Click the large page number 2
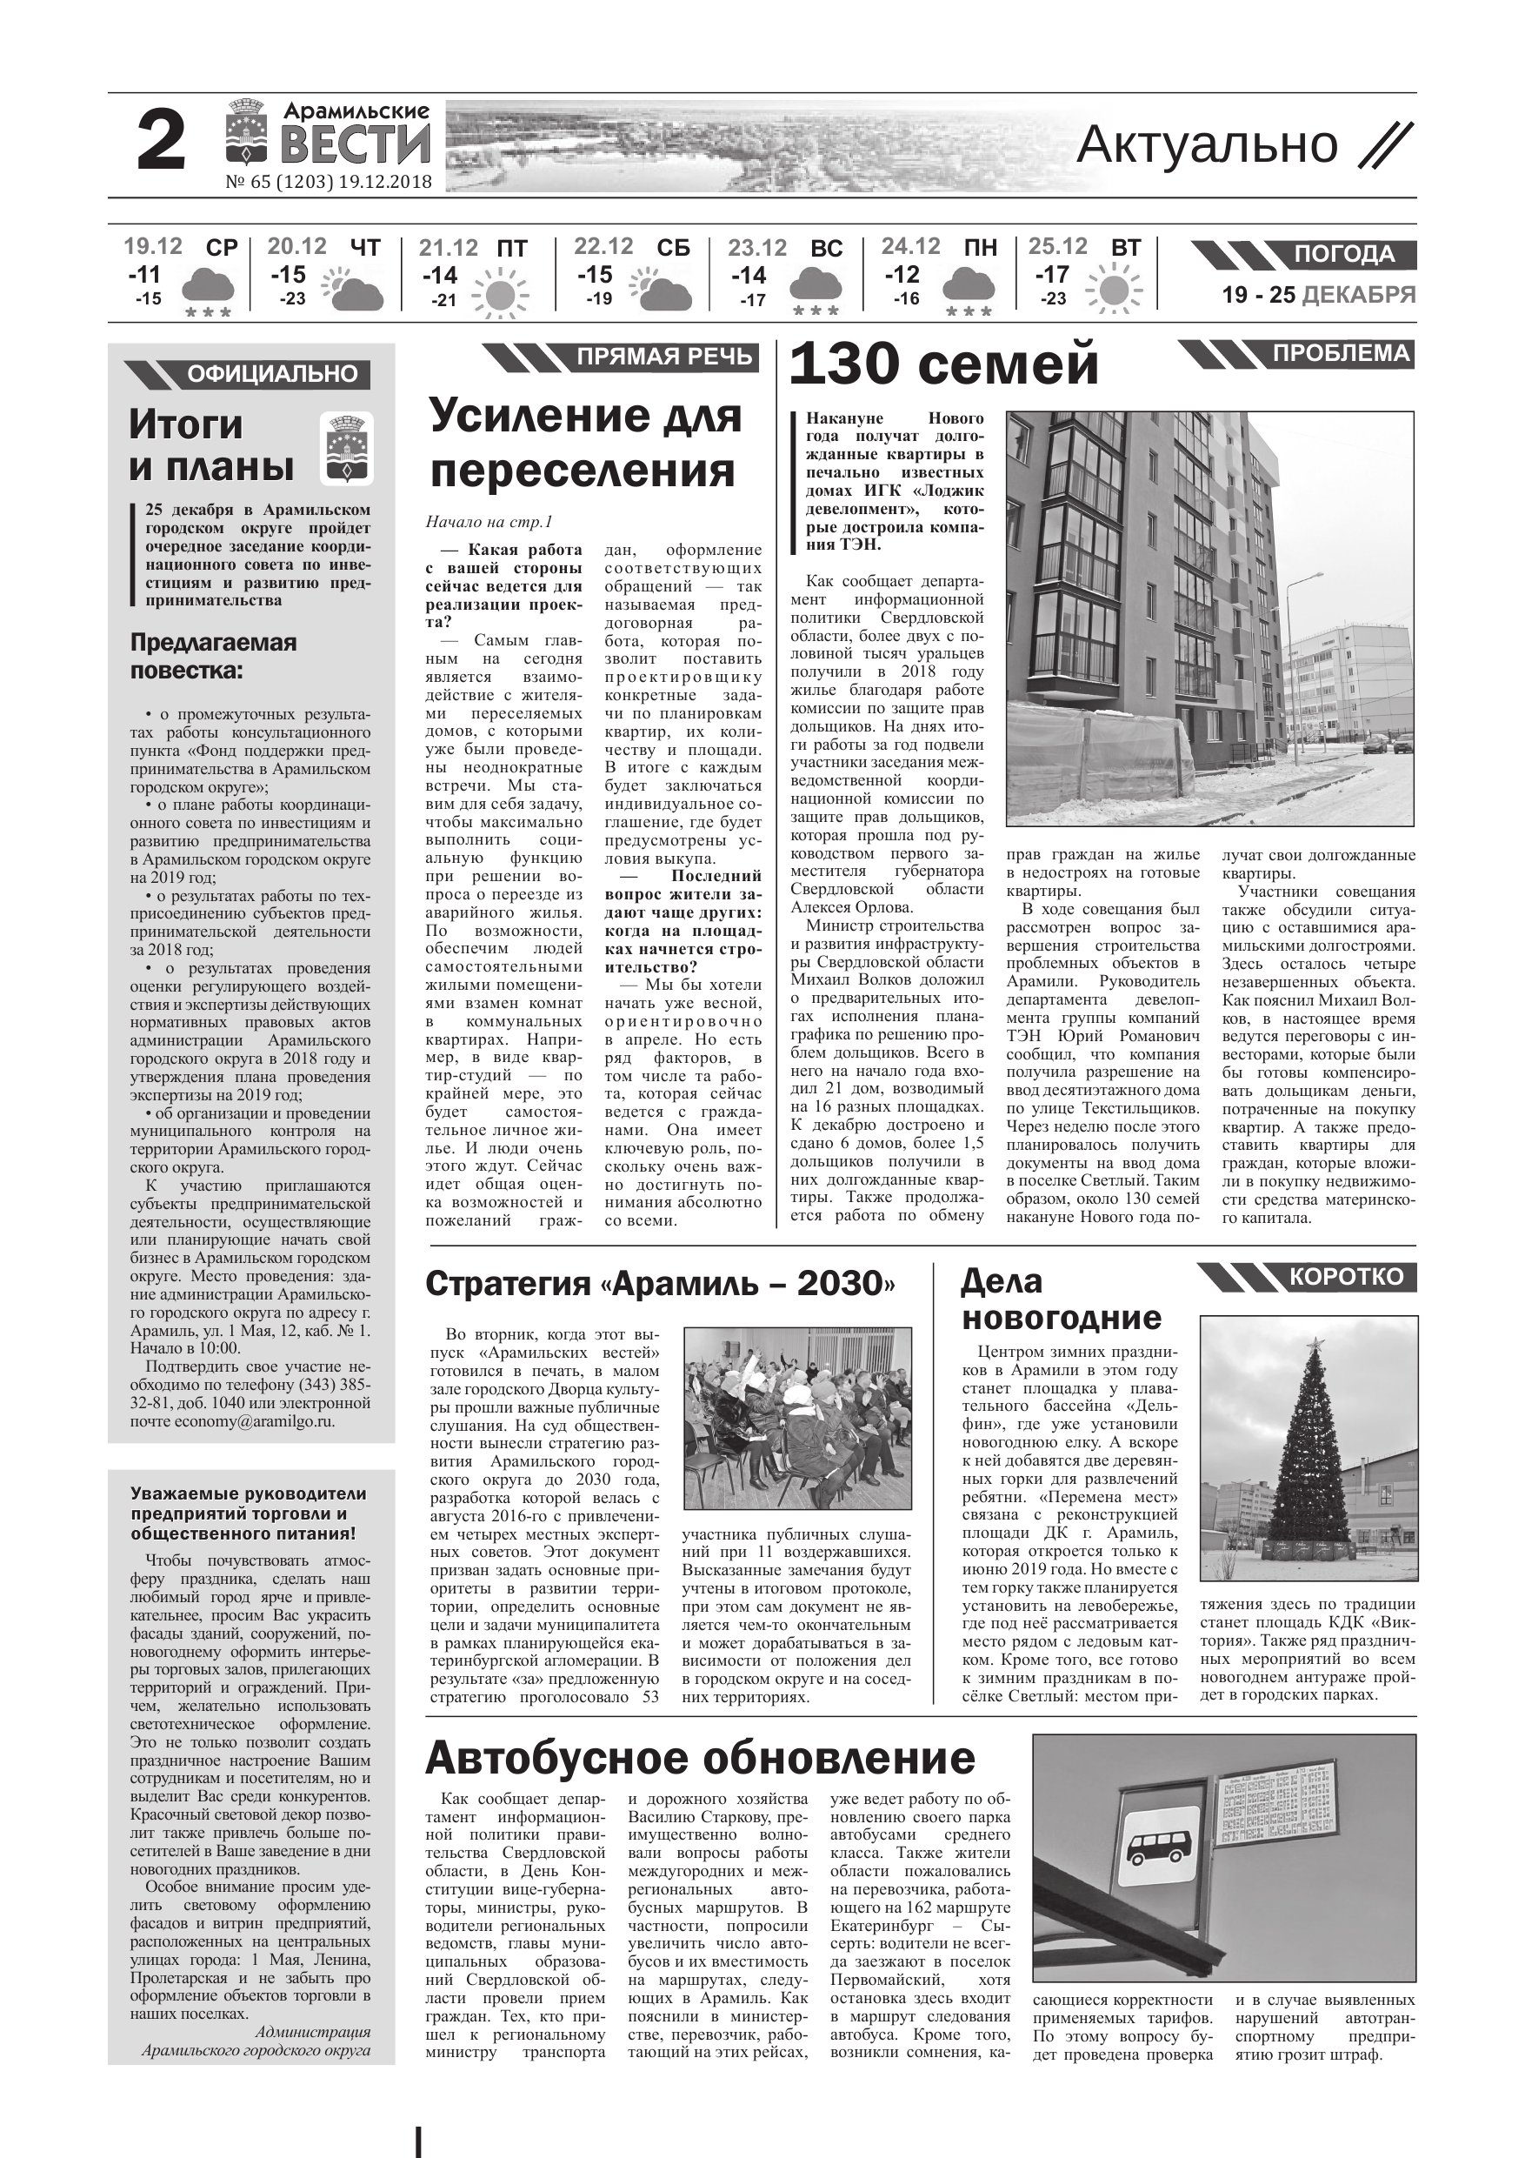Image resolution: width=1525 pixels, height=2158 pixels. (x=161, y=143)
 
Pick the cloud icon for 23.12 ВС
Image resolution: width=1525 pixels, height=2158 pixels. (x=816, y=284)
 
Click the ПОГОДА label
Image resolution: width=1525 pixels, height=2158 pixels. (x=1343, y=255)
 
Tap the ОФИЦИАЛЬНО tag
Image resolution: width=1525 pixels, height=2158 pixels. (x=271, y=374)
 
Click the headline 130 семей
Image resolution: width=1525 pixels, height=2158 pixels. (x=943, y=364)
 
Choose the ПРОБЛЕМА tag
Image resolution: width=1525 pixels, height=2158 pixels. (x=1340, y=353)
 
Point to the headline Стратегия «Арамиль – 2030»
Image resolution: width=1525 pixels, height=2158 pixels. (x=660, y=1284)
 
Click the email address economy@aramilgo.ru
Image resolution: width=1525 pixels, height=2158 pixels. (x=254, y=1421)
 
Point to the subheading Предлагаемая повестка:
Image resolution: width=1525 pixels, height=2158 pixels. (x=213, y=656)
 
